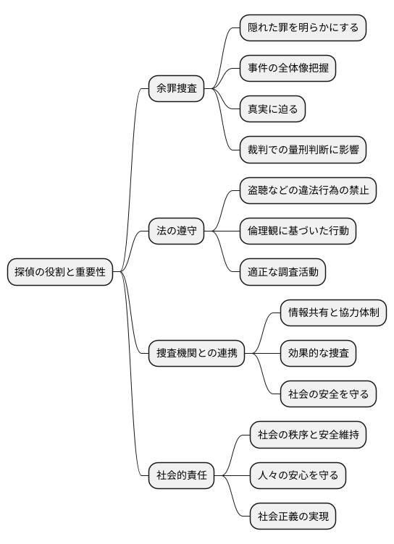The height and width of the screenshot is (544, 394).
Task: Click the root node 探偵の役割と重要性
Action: point(61,272)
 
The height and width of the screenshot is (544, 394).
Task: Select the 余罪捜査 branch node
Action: point(176,89)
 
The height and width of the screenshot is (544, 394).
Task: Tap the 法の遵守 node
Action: point(176,231)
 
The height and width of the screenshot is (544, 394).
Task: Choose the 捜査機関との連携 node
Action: point(196,354)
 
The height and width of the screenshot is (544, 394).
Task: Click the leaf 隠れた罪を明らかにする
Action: point(303,27)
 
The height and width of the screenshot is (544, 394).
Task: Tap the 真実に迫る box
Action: point(273,109)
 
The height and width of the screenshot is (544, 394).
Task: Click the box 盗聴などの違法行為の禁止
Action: point(309,191)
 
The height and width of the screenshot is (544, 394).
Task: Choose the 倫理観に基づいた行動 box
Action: point(298,231)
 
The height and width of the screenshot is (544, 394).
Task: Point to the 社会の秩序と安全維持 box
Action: point(308,435)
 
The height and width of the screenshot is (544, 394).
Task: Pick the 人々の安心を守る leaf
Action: point(298,476)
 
